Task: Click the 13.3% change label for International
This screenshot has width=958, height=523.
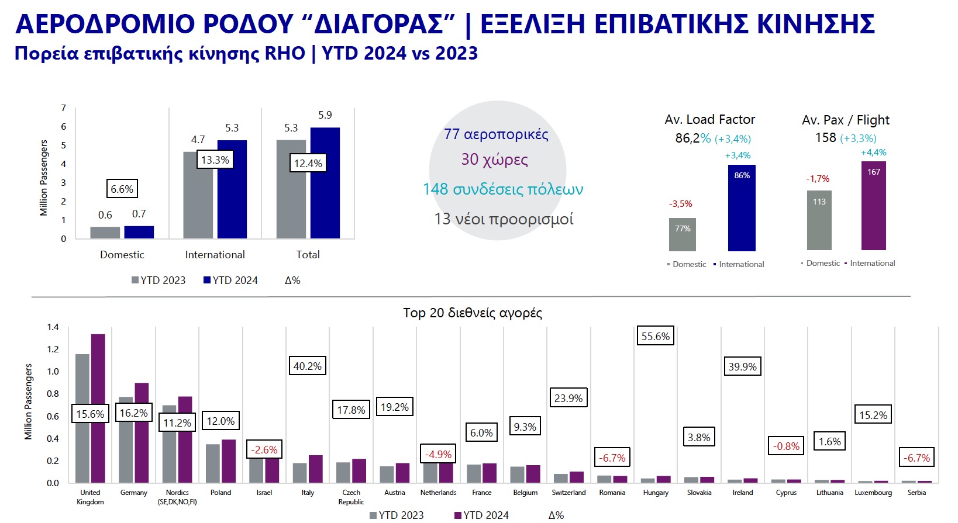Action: [x=215, y=160]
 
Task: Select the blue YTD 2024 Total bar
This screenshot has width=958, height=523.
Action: [x=325, y=183]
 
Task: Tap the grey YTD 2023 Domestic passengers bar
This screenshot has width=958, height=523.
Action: [x=105, y=233]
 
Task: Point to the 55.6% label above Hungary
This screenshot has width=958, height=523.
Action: [x=656, y=336]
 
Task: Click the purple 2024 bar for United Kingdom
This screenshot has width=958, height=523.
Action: [x=98, y=408]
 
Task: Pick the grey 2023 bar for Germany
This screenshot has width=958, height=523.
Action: [x=126, y=439]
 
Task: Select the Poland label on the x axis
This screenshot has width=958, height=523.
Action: [x=220, y=492]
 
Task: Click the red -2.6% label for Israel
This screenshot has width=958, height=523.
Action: [x=264, y=449]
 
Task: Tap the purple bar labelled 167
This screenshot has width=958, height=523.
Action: [x=874, y=206]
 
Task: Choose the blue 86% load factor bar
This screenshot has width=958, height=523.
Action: [x=742, y=207]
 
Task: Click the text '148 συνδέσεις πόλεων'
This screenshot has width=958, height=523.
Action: [x=503, y=189]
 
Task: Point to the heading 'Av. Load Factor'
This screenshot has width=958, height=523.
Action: [x=710, y=119]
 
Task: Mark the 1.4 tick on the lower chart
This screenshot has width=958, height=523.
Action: [x=53, y=327]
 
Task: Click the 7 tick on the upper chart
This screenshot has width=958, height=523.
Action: [x=64, y=108]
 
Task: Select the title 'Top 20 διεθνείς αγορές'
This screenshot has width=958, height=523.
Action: [x=473, y=313]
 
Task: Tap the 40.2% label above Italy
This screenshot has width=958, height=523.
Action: [x=308, y=366]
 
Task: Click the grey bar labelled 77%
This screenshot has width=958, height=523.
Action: [x=683, y=234]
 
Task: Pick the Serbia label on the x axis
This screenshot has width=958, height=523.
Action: [x=917, y=492]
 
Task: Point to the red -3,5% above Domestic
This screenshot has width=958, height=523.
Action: [x=680, y=204]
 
